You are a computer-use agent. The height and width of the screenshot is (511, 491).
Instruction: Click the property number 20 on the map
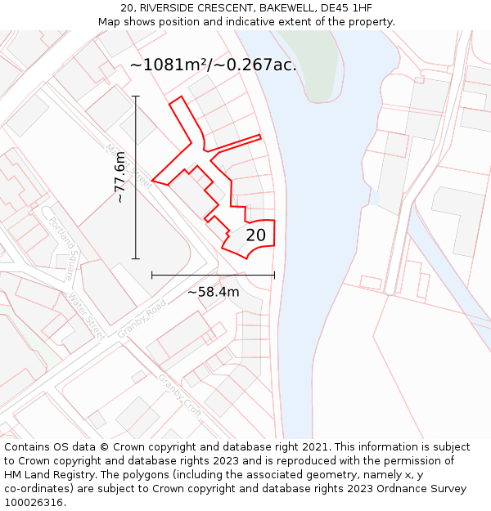[x=255, y=235]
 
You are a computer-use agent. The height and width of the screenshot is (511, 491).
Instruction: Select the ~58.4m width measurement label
[x=213, y=292]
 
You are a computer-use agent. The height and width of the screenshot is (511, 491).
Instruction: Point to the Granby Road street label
[x=142, y=318]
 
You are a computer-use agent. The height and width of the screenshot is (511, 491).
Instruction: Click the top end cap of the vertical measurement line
[x=136, y=96]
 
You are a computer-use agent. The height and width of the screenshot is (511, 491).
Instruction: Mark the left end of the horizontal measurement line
[x=152, y=276]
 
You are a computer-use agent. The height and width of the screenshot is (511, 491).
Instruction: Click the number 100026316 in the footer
[x=34, y=502]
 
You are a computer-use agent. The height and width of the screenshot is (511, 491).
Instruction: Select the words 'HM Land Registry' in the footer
[x=46, y=474]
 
